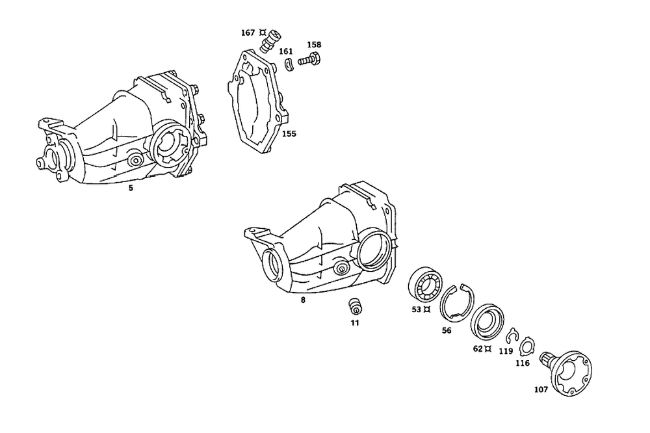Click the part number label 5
(131, 188)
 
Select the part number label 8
(303, 300)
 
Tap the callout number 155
(289, 134)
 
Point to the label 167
(247, 32)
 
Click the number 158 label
(314, 45)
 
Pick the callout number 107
(541, 390)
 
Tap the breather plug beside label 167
(268, 40)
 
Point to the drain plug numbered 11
(355, 306)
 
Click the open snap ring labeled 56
(458, 302)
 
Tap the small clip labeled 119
(512, 336)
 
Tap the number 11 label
(355, 322)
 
